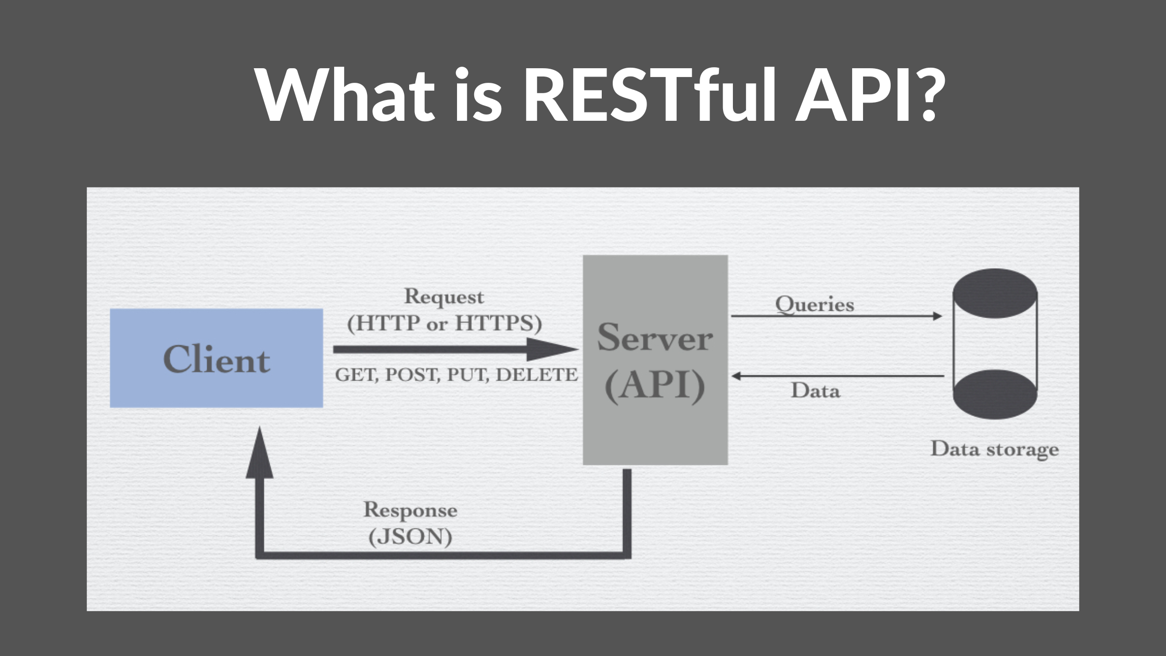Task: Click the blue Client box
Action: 216,358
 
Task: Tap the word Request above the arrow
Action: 444,297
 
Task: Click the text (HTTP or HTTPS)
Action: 445,323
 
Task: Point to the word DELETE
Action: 537,375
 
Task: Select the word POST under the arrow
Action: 414,375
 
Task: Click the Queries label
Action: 815,305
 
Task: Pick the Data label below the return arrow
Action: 815,390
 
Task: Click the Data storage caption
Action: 994,449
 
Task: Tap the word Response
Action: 410,510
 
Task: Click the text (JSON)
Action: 410,537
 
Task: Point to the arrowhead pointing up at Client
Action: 259,453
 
